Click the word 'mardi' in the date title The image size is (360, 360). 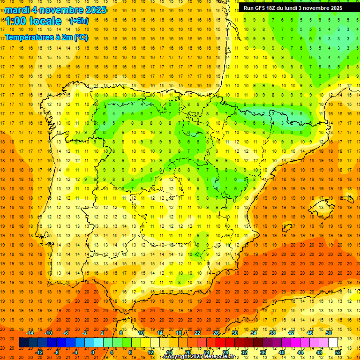coord(18,10)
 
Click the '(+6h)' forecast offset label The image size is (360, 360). coord(78,21)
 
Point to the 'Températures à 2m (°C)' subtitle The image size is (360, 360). coord(46,37)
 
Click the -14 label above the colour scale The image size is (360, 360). coord(30,333)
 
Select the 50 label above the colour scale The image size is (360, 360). coord(328,333)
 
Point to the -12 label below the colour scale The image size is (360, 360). coord(40,352)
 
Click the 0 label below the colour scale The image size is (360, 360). coord(93,352)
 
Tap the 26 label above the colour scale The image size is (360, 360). coord(216,333)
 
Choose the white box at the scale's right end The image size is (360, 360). coord(333,343)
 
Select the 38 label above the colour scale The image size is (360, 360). coord(272,333)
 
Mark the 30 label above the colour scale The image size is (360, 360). coord(234,333)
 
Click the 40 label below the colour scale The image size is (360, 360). coord(281,352)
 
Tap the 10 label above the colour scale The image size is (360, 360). coord(141,333)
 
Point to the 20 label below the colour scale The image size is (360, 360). coord(187,352)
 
